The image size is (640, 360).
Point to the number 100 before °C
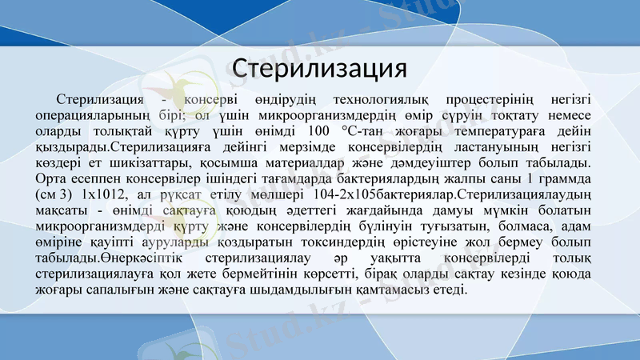tap(318, 131)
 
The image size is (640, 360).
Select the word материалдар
tap(302, 162)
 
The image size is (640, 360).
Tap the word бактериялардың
tap(359, 178)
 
